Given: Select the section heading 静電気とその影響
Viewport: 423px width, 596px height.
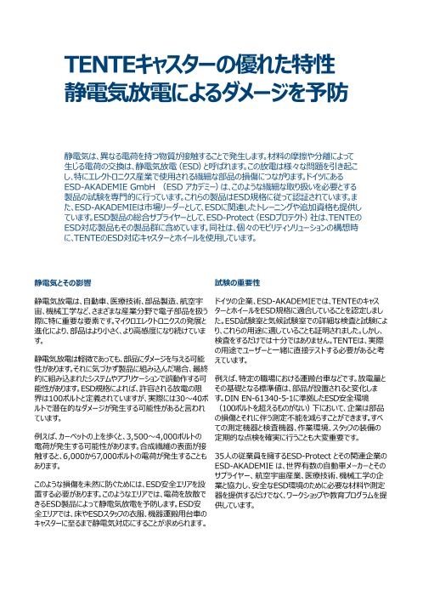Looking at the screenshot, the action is coord(62,280).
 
